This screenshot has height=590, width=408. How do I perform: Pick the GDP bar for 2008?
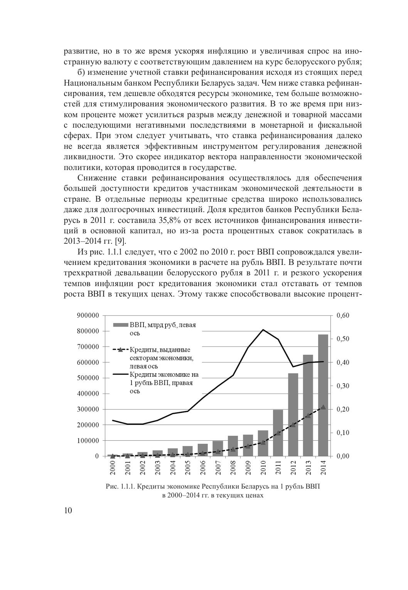pos(233,446)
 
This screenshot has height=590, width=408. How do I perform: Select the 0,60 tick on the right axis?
pos(342,315)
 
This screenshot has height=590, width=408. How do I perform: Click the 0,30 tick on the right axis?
pos(342,386)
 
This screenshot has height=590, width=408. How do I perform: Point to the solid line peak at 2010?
pos(263,330)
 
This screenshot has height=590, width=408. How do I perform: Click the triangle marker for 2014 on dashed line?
pos(323,407)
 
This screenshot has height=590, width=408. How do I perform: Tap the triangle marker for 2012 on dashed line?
pos(293,425)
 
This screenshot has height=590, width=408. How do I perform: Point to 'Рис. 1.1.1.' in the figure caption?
pos(120,487)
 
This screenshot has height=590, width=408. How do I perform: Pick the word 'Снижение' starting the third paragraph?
pos(96,178)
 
